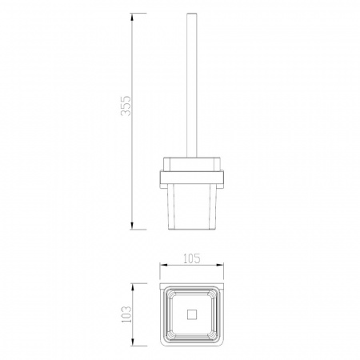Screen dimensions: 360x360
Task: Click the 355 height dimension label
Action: pos(126,106)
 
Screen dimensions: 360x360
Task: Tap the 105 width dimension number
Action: pos(192,258)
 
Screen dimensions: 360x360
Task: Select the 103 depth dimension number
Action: pos(126,314)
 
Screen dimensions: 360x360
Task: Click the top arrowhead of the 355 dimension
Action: pos(132,18)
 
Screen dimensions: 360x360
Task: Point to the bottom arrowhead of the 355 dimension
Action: pos(132,225)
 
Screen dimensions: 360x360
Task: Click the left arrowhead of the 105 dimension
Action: pos(164,266)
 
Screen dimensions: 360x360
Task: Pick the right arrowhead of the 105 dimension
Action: pos(219,266)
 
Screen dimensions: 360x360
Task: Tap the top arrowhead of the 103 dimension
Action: pos(133,288)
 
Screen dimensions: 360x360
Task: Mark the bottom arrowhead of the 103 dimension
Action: pos(133,342)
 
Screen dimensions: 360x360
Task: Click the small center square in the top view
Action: pos(192,314)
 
